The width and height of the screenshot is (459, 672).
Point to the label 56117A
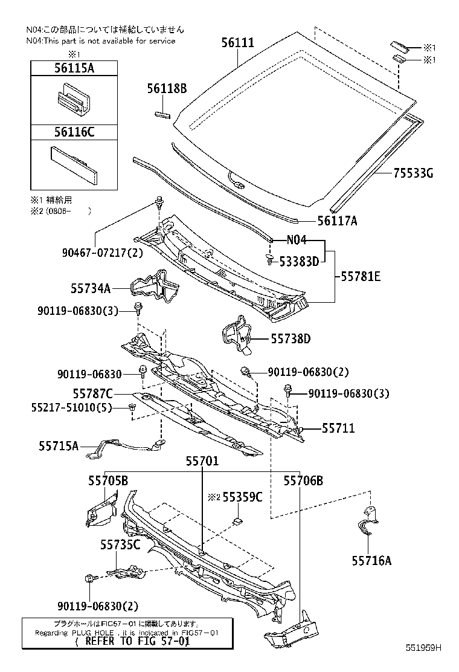pyautogui.click(x=337, y=221)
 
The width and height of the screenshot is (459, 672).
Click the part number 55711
pyautogui.click(x=338, y=428)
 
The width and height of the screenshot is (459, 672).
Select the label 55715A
pyautogui.click(x=59, y=446)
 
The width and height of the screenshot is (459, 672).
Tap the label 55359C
pyautogui.click(x=242, y=497)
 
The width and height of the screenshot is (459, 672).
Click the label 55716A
pyautogui.click(x=371, y=561)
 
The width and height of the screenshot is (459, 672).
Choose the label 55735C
pyautogui.click(x=120, y=545)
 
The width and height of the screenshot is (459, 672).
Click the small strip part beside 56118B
pyautogui.click(x=164, y=112)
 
